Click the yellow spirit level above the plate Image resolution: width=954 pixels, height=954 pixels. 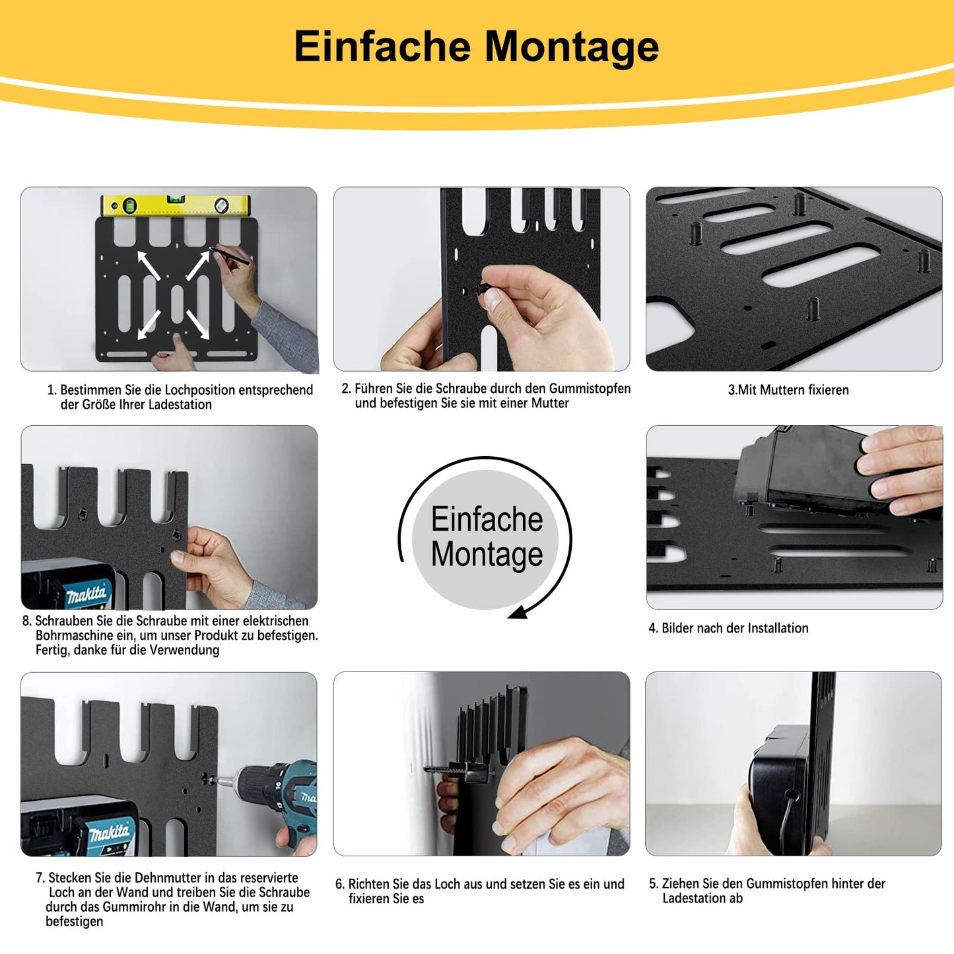176,205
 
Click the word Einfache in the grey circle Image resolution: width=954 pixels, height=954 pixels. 487,519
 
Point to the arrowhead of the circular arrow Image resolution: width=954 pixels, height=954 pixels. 518,613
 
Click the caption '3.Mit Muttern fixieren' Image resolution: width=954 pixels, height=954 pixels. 788,390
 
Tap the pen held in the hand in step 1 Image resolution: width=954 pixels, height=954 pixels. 230,255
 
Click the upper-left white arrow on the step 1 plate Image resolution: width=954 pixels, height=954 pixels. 149,266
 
